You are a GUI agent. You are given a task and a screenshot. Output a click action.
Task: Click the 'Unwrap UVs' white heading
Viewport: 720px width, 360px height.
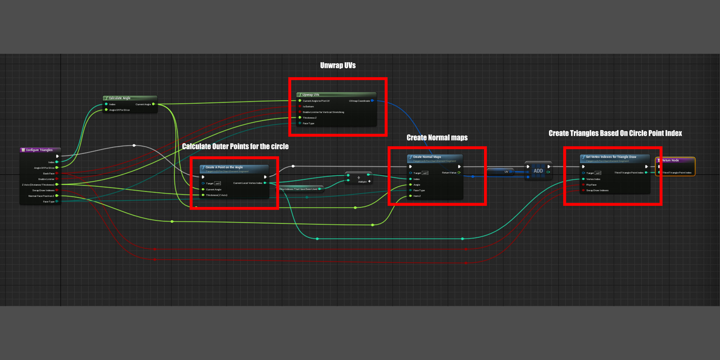338,66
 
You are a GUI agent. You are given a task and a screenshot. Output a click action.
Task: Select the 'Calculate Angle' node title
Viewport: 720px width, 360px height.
119,98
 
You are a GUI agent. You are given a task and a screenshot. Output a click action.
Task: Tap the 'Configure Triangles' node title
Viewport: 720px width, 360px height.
39,150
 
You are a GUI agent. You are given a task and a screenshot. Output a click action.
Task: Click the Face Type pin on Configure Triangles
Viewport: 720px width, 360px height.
57,202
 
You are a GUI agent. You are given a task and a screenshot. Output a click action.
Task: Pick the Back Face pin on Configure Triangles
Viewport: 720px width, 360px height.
57,174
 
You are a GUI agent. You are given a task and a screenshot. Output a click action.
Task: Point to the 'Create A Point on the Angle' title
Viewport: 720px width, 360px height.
224,167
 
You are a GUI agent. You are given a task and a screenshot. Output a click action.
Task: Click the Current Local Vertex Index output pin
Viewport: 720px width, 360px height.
265,183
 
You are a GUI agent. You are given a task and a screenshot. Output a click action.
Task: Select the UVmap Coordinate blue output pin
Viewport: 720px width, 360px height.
372,101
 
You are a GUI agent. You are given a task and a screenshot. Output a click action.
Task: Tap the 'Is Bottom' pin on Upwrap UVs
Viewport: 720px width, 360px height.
300,106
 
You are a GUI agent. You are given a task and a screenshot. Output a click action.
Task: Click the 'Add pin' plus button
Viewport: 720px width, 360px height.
369,181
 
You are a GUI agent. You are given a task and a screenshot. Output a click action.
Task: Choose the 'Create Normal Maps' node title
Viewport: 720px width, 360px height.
427,157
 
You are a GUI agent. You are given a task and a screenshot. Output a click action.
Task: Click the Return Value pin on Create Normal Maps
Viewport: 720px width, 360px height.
459,173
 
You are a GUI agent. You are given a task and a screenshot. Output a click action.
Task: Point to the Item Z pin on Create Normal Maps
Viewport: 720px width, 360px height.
411,196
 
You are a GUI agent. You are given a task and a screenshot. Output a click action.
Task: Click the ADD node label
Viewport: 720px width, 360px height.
538,171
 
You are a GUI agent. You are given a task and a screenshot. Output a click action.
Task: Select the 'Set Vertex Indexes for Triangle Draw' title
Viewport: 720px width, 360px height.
611,157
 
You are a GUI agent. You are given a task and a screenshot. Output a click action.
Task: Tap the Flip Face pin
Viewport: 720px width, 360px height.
583,185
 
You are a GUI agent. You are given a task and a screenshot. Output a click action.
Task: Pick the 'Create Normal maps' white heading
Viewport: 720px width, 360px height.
437,138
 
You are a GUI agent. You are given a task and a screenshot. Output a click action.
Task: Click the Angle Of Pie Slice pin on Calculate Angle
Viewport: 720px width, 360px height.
106,110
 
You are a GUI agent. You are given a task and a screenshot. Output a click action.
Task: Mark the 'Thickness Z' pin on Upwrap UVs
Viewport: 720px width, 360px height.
300,118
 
